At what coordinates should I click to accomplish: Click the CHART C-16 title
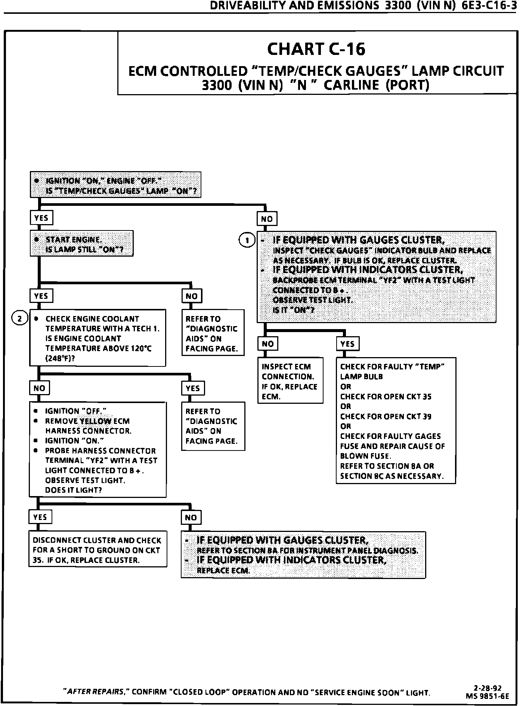[316, 49]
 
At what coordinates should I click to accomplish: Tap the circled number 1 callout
[247, 240]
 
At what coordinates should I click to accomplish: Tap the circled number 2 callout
[20, 318]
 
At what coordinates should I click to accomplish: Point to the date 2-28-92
[488, 688]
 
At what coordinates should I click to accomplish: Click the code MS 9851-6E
[487, 696]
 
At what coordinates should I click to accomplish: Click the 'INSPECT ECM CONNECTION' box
[290, 381]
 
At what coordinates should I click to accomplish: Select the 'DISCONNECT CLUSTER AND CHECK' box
[98, 550]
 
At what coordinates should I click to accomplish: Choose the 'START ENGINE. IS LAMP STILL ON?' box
[81, 244]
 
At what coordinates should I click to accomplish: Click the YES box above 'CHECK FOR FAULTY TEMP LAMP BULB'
[347, 344]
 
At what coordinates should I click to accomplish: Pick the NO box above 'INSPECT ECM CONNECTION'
[267, 344]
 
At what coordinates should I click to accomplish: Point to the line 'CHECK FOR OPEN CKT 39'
[386, 416]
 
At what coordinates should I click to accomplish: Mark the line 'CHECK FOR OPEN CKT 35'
[386, 396]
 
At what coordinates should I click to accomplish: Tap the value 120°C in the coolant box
[141, 349]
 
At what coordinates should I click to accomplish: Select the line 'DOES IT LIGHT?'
[73, 490]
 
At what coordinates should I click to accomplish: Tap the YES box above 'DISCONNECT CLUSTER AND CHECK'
[40, 517]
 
